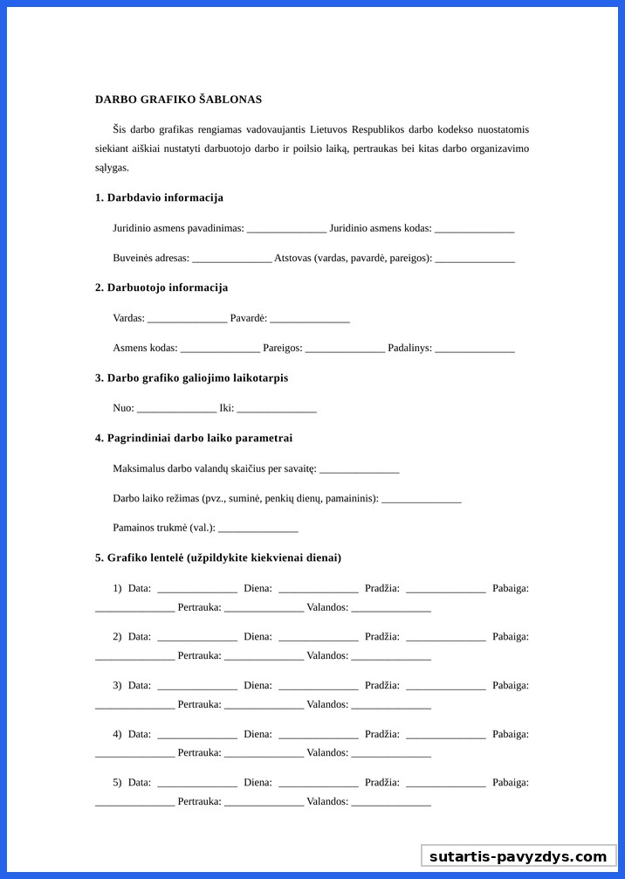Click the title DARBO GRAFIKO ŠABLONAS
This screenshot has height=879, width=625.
(x=178, y=100)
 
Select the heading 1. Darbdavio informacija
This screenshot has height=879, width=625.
(x=159, y=197)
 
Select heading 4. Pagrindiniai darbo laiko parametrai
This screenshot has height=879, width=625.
(x=194, y=438)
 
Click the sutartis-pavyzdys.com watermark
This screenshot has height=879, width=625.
(x=518, y=856)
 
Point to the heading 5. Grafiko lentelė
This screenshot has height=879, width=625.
(x=218, y=557)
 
